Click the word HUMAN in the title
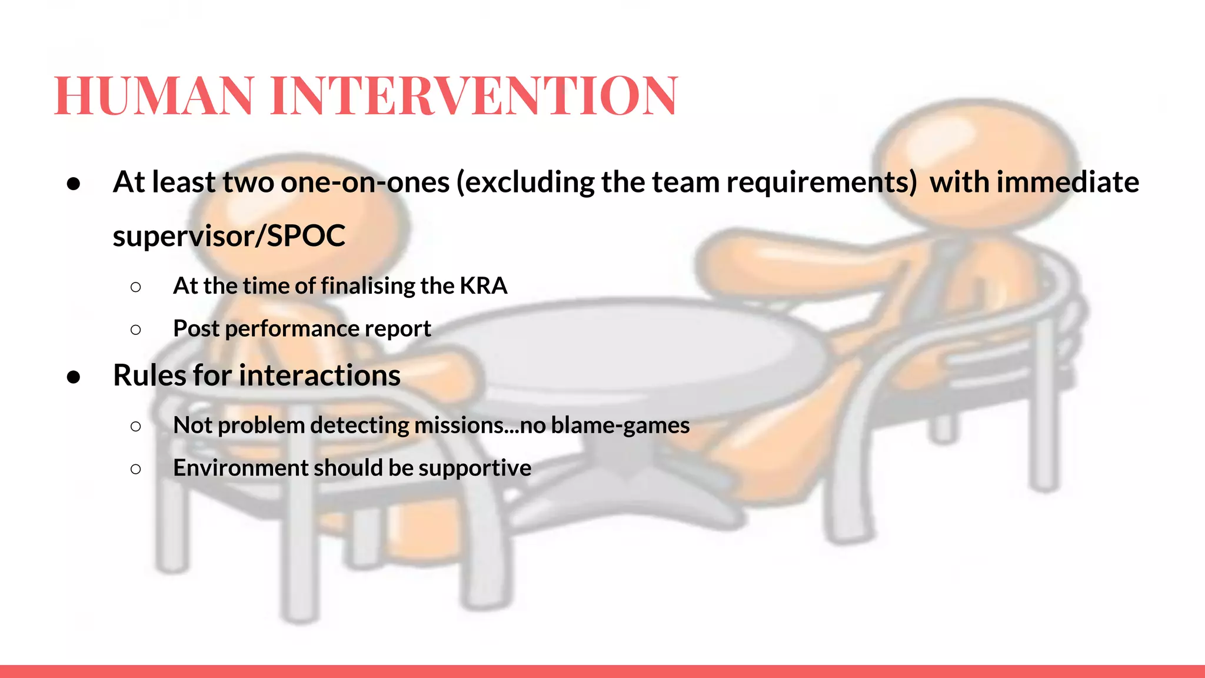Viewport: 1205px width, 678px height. point(154,95)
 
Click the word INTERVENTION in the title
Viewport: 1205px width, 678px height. point(474,95)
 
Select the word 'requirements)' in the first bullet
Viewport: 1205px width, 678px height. point(821,182)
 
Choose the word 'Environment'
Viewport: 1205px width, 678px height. point(241,468)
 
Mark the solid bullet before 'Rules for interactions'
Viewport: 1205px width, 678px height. point(74,377)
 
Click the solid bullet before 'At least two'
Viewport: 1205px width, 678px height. point(74,184)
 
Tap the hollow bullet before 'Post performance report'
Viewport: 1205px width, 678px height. point(136,330)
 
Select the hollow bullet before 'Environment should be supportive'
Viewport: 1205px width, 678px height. point(136,469)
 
